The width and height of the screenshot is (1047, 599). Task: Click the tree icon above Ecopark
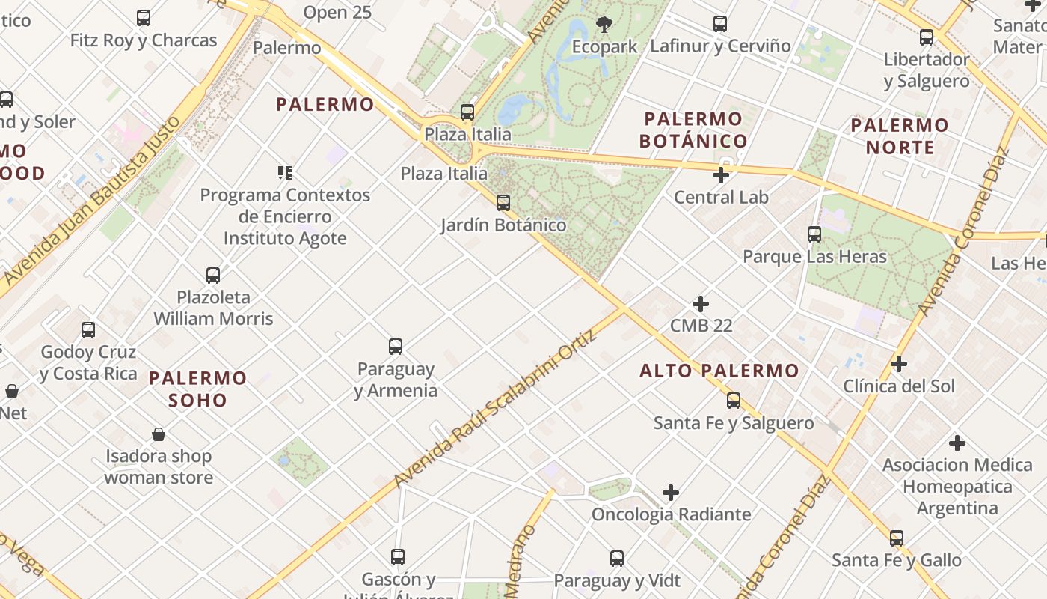tap(604, 25)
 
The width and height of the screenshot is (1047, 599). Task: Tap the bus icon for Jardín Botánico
tap(503, 203)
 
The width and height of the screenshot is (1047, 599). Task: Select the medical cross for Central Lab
tap(721, 175)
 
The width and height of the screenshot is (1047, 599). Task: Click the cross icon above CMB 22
tap(701, 304)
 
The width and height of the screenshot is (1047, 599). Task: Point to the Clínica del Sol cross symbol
tap(899, 364)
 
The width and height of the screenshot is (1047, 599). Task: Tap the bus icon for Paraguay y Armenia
tap(396, 347)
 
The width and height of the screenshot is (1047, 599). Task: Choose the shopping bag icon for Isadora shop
tap(159, 434)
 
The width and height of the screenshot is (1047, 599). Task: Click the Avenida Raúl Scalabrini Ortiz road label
tap(496, 408)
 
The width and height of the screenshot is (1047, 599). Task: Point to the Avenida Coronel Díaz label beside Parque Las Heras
tap(963, 232)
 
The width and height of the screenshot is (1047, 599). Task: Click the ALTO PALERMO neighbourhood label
tap(719, 371)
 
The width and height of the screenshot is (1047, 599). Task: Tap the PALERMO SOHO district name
tap(197, 389)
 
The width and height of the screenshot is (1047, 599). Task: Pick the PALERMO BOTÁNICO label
tap(693, 130)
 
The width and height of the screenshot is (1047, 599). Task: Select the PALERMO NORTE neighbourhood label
tap(900, 136)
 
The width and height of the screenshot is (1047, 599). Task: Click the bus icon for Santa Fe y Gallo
tap(897, 538)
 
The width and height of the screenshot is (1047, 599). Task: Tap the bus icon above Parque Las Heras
tap(814, 234)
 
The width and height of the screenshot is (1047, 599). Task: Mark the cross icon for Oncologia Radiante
tap(671, 493)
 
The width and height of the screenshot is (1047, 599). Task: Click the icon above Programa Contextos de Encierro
tap(285, 173)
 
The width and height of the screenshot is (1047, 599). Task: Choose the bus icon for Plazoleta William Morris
tap(213, 276)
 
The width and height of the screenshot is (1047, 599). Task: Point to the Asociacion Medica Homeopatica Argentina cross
tap(957, 443)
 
